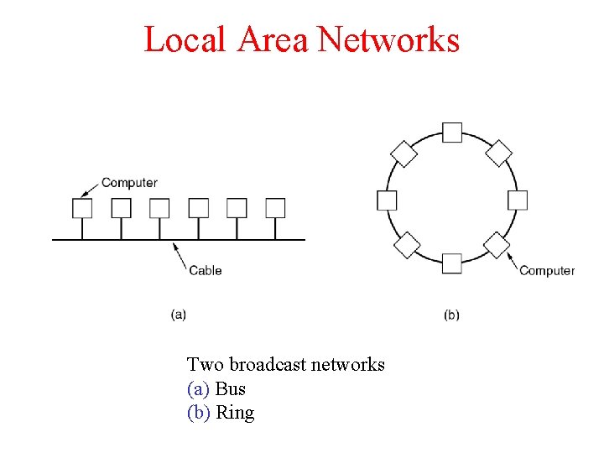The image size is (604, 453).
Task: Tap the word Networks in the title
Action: coord(389,39)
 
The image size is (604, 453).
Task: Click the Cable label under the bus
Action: coord(206,270)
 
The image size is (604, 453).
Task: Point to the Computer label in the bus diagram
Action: coord(129,183)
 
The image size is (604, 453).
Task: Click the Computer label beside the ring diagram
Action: coord(547,270)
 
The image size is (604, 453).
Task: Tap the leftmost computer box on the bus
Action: coord(82,208)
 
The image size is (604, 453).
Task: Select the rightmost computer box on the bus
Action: coord(275,208)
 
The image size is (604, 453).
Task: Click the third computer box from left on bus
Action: coord(159,208)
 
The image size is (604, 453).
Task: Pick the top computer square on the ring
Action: coord(452,133)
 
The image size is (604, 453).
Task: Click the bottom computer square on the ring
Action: coord(452,264)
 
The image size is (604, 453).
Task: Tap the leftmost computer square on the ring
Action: coord(387,200)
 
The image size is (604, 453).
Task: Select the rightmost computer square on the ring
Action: coord(518,200)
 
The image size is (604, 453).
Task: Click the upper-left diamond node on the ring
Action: coord(404,154)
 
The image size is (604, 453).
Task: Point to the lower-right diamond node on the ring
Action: coord(497,245)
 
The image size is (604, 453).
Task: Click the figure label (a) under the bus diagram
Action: coord(179,315)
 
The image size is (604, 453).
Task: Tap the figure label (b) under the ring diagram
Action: coord(451,315)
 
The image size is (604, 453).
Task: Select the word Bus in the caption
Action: coord(231,389)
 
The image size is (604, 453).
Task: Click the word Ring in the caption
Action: coord(235,413)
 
